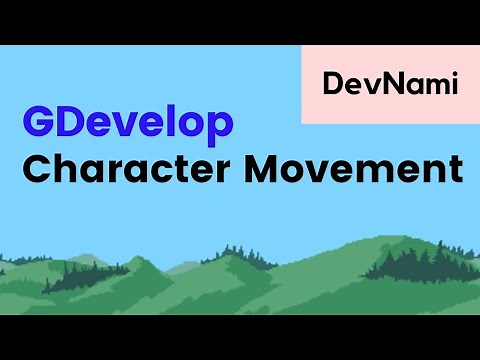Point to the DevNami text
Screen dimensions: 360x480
click(x=390, y=85)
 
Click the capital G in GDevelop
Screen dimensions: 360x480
click(x=41, y=123)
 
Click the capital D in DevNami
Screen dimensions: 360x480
click(x=333, y=85)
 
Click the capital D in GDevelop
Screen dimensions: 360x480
click(x=72, y=123)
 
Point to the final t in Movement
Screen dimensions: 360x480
click(x=455, y=167)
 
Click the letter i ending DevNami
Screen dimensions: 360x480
click(x=453, y=84)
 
